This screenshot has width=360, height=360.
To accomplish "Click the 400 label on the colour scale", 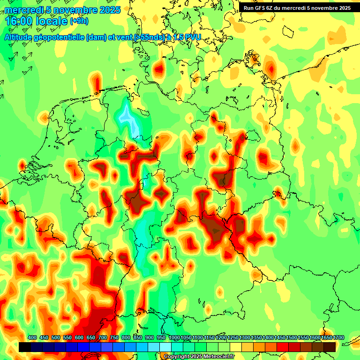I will click(32, 337).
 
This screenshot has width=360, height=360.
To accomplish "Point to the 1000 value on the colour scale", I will click(174, 337).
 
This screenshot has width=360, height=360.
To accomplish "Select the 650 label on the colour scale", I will click(91, 337).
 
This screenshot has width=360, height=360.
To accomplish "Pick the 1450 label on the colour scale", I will click(280, 337).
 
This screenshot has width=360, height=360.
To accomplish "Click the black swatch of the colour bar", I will click(25, 347).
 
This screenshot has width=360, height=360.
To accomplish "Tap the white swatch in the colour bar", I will click(165, 347).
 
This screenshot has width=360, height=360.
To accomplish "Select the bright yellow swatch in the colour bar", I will click(236, 347).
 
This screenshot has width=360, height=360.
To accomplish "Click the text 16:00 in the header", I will click(18, 22).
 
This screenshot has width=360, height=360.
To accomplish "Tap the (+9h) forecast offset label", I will click(79, 21).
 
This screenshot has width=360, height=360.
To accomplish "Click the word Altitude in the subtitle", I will click(17, 37).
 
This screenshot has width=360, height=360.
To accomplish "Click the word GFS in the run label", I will click(261, 8).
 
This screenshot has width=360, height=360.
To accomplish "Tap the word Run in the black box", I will click(248, 8).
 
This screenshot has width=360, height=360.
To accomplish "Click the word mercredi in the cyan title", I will click(23, 10).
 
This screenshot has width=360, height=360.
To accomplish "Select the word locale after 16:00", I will click(49, 22).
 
